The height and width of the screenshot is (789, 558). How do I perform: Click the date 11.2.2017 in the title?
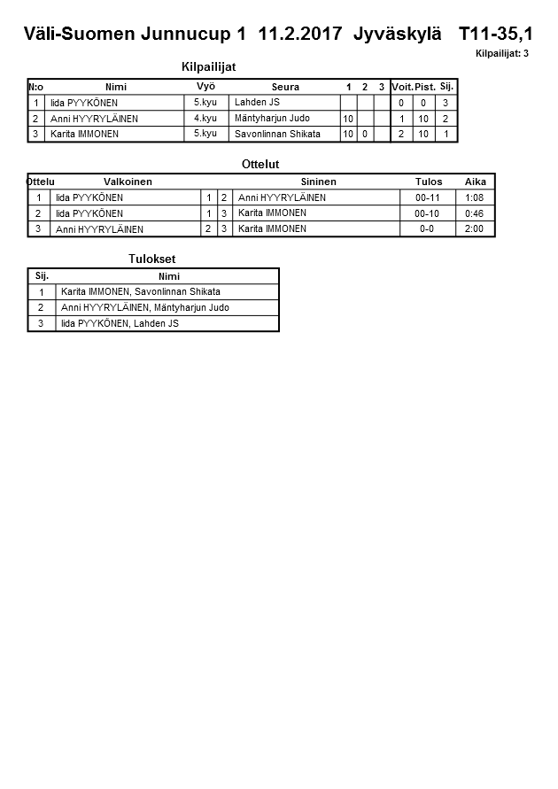(x=300, y=35)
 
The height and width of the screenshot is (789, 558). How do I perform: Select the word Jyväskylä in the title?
(x=396, y=35)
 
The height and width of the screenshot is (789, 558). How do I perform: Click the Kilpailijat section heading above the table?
(x=208, y=66)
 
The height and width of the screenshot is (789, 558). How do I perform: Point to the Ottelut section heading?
(x=260, y=165)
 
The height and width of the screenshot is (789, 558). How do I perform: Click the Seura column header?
(x=285, y=87)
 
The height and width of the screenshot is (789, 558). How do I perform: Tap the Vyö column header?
(x=205, y=86)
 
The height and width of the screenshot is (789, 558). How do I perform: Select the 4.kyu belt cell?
(x=205, y=118)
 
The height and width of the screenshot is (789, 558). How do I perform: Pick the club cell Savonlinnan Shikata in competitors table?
(x=277, y=134)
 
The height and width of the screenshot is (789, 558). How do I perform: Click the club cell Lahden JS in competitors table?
(x=257, y=102)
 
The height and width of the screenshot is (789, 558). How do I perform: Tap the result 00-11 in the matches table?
(x=427, y=197)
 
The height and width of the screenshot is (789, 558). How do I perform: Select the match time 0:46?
(x=475, y=213)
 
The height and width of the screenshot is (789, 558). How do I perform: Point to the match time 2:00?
(x=475, y=228)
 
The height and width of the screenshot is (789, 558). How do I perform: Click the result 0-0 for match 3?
(x=427, y=228)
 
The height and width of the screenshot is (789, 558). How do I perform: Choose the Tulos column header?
(x=429, y=182)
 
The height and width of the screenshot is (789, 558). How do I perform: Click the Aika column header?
(x=476, y=182)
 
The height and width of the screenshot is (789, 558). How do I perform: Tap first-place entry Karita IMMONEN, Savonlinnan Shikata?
(x=141, y=291)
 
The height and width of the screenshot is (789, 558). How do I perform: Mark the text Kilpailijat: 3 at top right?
(x=502, y=53)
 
